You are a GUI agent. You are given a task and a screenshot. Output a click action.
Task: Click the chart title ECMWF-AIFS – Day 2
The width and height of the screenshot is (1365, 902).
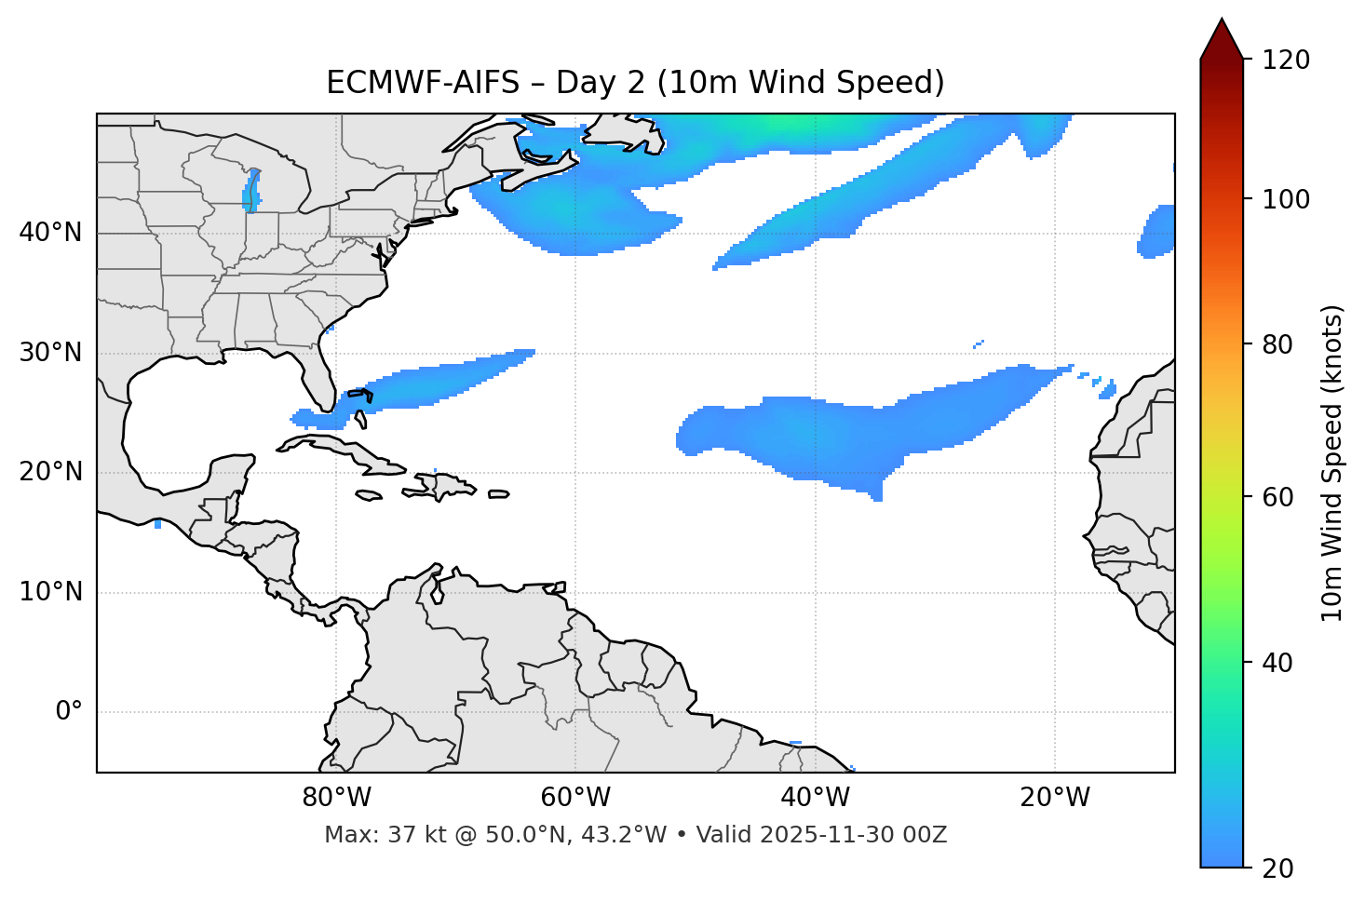(x=635, y=83)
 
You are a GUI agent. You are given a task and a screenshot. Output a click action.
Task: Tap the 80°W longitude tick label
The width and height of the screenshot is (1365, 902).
(x=336, y=798)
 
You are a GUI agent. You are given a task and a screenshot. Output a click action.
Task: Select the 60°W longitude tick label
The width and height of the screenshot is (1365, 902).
(x=575, y=798)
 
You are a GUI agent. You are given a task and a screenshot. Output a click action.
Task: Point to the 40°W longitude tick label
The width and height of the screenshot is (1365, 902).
(x=815, y=798)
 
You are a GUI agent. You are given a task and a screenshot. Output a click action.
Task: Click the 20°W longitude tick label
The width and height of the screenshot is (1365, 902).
(x=1055, y=798)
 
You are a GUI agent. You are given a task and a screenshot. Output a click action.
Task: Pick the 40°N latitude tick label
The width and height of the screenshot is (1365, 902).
(x=50, y=233)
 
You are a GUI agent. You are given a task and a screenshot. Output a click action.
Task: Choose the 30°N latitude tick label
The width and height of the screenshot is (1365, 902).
(x=50, y=353)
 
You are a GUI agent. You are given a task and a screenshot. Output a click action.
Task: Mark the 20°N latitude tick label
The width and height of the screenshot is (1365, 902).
(x=50, y=472)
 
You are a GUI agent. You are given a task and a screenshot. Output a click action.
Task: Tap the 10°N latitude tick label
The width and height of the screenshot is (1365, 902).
(x=50, y=592)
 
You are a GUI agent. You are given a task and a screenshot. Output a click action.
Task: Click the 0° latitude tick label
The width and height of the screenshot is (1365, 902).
(x=68, y=712)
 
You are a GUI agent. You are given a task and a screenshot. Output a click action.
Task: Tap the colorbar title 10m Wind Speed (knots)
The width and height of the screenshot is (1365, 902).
(x=1332, y=463)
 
